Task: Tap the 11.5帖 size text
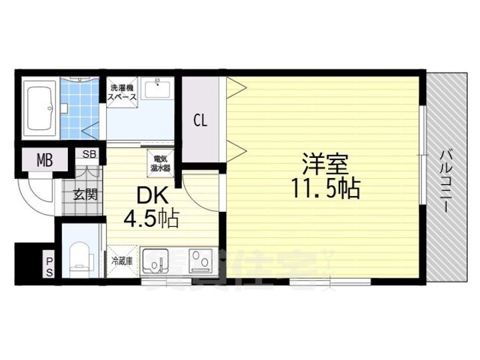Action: click(x=325, y=189)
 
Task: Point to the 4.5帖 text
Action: click(x=150, y=219)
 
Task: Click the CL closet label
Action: click(x=201, y=121)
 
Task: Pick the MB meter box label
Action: click(x=44, y=160)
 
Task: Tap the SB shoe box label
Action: click(x=89, y=153)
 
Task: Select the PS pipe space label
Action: click(x=49, y=264)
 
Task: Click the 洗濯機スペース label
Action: click(x=123, y=92)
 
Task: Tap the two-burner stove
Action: click(x=201, y=261)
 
